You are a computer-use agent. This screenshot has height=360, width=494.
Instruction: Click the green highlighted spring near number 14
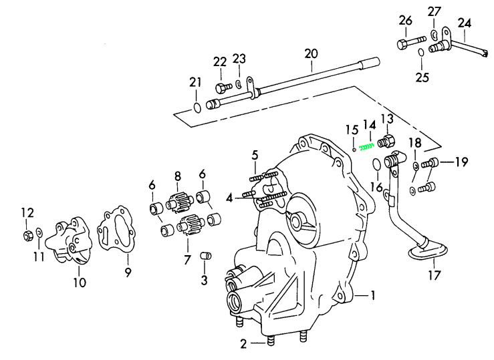pos(366,147)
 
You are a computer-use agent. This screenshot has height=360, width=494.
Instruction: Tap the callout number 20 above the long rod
pos(311,53)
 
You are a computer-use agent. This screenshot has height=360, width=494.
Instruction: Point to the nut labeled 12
pos(28,234)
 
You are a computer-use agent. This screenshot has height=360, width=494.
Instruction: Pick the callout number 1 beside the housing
pos(374,295)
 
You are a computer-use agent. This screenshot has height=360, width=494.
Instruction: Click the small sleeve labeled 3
pos(207,256)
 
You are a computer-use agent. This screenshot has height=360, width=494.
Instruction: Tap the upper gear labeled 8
pos(177,200)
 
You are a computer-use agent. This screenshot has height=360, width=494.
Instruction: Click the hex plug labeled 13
pos(386,141)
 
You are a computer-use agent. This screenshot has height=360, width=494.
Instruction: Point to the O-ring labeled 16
pos(376,164)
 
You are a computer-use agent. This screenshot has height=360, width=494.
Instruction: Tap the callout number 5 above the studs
pos(255,156)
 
